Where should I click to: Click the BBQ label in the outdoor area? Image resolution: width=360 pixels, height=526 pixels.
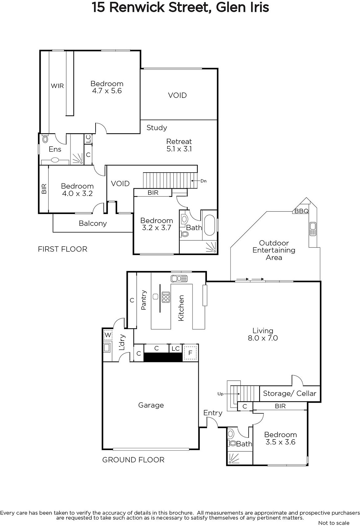(x=301, y=211)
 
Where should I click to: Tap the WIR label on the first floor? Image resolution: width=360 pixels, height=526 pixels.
(x=57, y=86)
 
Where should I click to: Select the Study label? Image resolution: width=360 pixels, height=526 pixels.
(x=157, y=128)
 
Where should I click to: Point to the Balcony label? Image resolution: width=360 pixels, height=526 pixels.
(x=93, y=223)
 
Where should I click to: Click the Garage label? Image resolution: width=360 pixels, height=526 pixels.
(x=151, y=405)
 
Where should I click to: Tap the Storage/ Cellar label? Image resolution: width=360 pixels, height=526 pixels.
(x=290, y=393)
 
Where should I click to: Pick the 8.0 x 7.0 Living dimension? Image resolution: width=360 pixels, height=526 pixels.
(x=263, y=338)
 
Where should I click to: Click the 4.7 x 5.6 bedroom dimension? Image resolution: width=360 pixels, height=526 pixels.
(x=107, y=91)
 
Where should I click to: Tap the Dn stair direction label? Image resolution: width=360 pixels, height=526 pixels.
(x=203, y=181)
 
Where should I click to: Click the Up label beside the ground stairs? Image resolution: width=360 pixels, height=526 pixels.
(x=220, y=394)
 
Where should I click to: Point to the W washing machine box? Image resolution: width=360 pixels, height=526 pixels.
(x=108, y=335)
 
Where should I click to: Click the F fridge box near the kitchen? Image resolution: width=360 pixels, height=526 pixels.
(x=190, y=353)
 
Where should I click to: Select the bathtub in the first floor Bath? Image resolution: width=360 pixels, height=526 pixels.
(x=209, y=225)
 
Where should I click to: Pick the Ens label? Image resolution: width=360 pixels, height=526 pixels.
(x=55, y=149)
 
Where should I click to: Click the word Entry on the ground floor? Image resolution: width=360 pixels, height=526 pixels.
(x=213, y=413)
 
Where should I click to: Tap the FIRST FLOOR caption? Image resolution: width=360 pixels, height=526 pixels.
(x=63, y=249)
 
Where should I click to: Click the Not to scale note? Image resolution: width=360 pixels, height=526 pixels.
(x=334, y=523)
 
